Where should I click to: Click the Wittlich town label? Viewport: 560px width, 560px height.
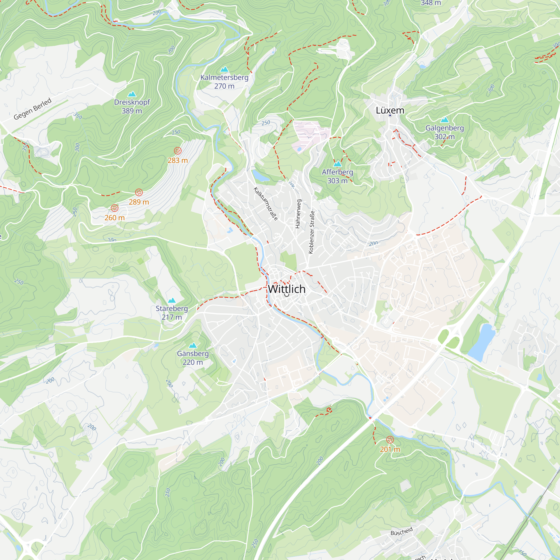287,289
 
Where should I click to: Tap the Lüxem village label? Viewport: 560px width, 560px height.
390,110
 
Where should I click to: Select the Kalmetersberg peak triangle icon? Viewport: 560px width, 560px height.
224,69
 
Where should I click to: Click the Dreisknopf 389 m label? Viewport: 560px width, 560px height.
132,106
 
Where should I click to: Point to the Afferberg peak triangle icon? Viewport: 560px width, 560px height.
337,164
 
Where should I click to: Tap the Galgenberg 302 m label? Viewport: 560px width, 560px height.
444,132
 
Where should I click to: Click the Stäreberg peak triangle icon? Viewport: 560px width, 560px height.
172,300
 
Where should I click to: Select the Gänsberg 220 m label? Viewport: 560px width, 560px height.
193,358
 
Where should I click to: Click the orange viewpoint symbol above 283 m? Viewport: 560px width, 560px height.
178,151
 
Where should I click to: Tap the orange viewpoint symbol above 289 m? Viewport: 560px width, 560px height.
139,192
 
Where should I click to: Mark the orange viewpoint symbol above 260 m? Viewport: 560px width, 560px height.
115,208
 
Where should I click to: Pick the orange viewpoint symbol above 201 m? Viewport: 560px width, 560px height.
390,440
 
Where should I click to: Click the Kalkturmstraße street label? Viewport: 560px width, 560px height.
265,204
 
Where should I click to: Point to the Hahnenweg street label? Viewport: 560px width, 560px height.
298,214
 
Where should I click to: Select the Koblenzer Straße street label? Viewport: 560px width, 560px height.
312,232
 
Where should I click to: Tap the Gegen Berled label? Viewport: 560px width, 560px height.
32,109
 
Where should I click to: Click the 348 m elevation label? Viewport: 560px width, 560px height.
431,3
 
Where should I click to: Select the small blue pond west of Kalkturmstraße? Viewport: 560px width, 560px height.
260,176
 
